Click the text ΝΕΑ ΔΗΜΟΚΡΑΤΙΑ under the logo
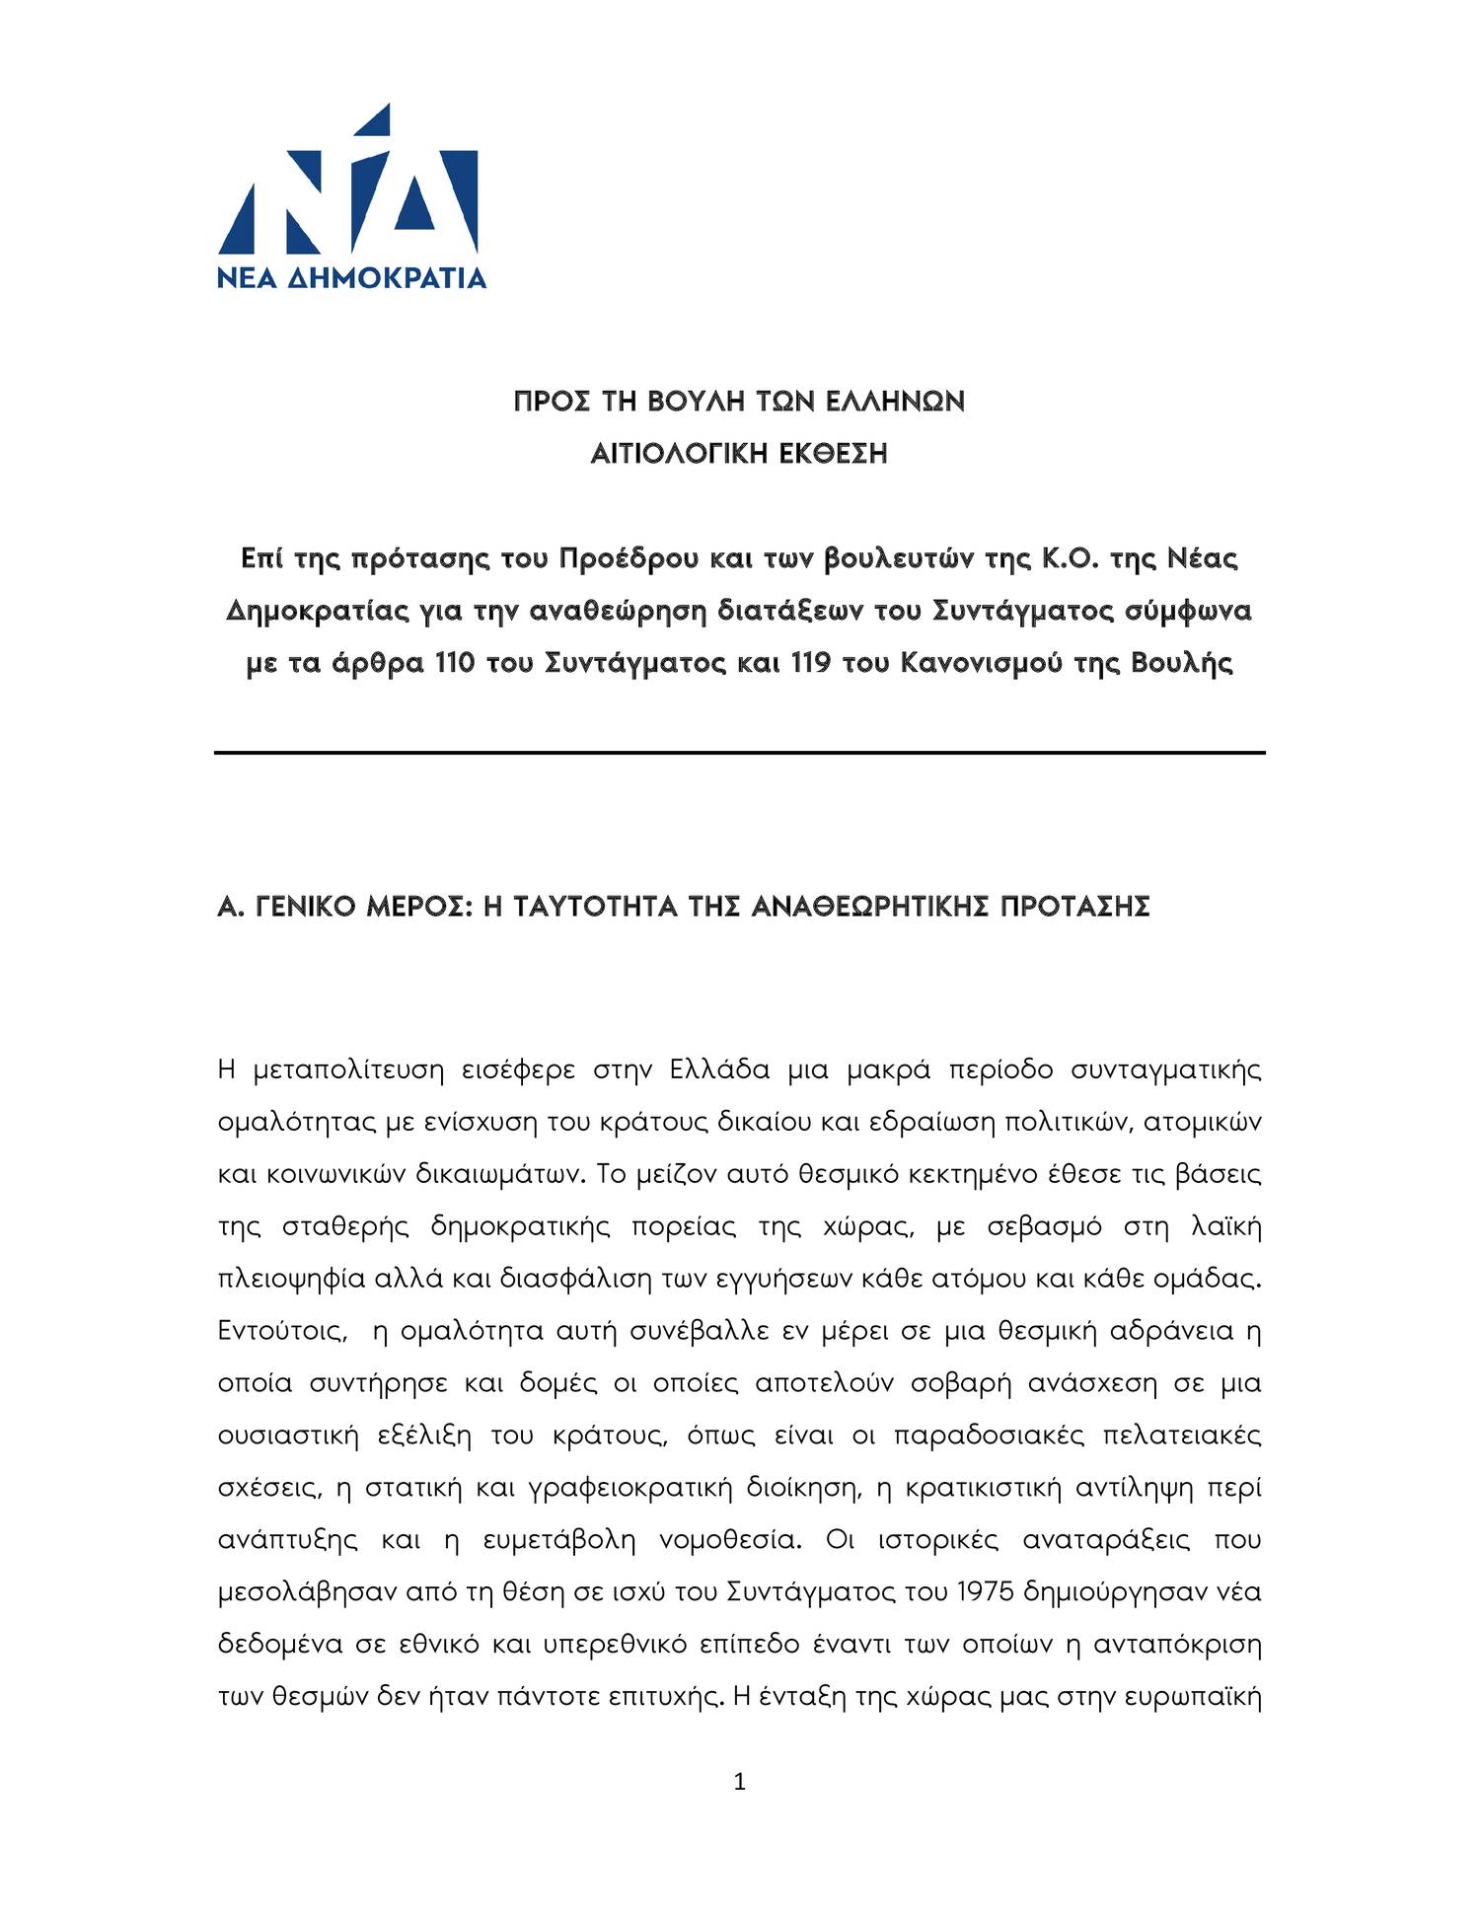(351, 277)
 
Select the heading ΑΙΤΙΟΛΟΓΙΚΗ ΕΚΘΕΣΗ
(739, 455)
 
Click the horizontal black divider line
(739, 753)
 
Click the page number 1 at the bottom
(740, 1782)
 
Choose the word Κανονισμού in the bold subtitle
(981, 663)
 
